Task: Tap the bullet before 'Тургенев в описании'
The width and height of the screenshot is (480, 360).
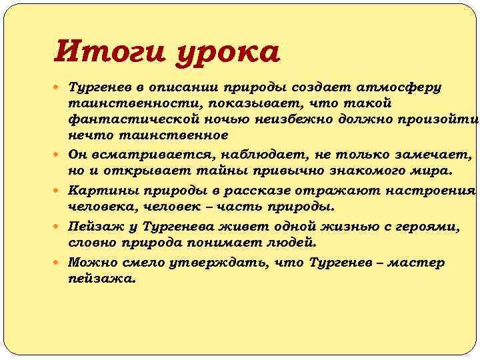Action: (x=61, y=87)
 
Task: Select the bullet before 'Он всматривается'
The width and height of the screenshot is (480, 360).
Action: (x=61, y=155)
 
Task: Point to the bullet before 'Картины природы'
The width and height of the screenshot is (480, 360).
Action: (x=61, y=190)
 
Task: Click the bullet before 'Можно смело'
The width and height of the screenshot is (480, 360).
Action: (x=61, y=263)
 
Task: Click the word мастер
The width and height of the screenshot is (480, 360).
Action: (x=416, y=263)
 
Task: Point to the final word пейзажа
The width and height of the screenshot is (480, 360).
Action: (x=101, y=279)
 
